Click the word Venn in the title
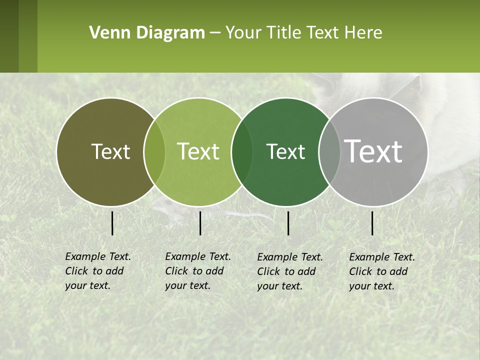(x=106, y=33)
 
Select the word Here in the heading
(x=363, y=33)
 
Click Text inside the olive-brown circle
(x=110, y=152)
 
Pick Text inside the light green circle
(x=198, y=152)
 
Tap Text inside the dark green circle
(x=285, y=152)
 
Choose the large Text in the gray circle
(x=373, y=151)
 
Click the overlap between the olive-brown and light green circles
(x=154, y=152)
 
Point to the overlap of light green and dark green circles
(x=242, y=152)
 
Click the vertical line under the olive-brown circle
(x=112, y=223)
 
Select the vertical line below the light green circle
(x=200, y=223)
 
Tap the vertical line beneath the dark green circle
(x=288, y=223)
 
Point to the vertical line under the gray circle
(x=372, y=223)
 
